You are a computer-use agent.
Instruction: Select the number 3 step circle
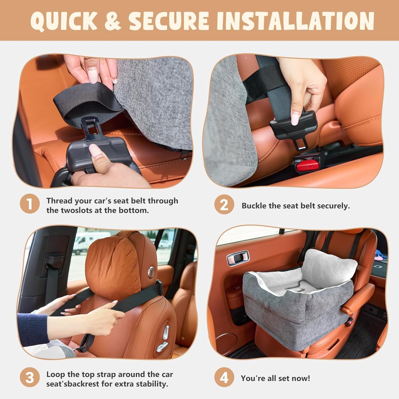tap(30, 377)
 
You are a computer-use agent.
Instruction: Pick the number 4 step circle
tap(224, 377)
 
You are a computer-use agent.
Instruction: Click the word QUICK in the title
tap(64, 21)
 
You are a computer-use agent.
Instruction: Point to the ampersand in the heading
tap(113, 21)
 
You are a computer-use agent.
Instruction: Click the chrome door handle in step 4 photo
tap(238, 258)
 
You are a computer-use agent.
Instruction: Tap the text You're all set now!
tap(275, 378)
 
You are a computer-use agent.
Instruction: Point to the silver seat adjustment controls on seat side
tap(163, 340)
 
